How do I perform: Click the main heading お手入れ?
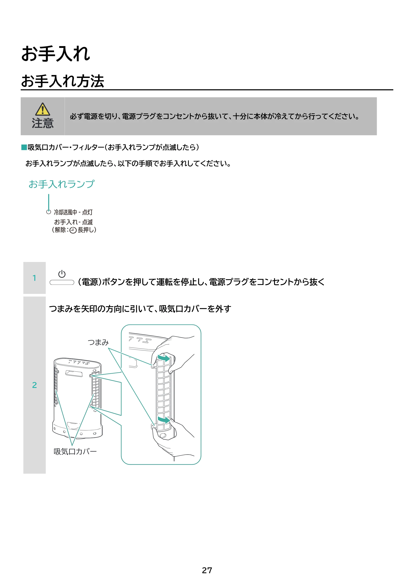56,54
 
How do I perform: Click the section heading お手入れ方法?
63,81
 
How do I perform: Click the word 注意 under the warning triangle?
43,123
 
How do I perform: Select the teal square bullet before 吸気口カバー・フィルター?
24,147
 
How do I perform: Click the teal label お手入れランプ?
61,184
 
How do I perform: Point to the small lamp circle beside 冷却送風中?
48,212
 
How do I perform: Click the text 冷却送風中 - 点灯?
73,212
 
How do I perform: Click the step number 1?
34,278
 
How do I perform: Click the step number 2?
34,385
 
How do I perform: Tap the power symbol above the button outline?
62,274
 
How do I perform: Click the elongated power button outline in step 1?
62,282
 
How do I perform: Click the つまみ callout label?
98,342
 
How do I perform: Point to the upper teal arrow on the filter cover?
164,358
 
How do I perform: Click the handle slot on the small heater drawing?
74,373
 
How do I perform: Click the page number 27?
207,570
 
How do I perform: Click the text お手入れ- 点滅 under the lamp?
73,222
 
